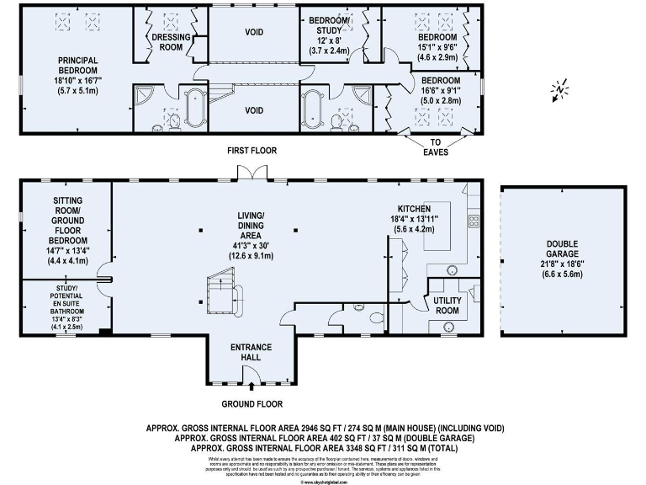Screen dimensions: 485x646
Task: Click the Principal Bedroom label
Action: (78, 66)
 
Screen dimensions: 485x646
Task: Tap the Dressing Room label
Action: (171, 43)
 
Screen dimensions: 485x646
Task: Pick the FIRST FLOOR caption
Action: (251, 152)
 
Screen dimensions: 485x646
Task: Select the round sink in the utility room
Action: (447, 325)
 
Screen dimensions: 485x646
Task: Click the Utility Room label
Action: (447, 305)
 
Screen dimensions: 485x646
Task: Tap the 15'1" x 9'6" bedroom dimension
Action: (437, 48)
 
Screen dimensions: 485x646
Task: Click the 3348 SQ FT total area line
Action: (334, 449)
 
